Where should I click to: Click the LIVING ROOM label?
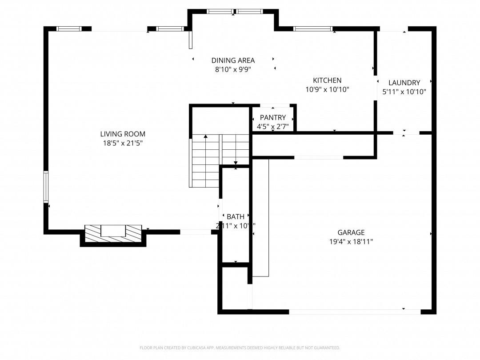[122, 134]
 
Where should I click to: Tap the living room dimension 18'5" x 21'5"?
[122, 143]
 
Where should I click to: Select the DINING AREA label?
[233, 60]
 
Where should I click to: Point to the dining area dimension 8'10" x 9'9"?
[233, 69]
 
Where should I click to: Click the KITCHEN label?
[327, 80]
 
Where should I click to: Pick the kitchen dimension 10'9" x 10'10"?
[327, 89]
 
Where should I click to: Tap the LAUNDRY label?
[404, 83]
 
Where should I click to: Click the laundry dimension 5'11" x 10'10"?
[404, 92]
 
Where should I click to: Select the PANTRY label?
[273, 118]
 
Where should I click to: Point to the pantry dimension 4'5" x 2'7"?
[273, 127]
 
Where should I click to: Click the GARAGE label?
[351, 232]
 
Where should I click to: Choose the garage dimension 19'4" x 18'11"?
[351, 242]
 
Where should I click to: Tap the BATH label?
[235, 217]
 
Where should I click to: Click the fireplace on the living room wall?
[113, 233]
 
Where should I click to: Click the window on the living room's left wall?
[46, 187]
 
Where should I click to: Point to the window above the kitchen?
[313, 29]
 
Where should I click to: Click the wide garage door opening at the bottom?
[355, 312]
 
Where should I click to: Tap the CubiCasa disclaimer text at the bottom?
[240, 348]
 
